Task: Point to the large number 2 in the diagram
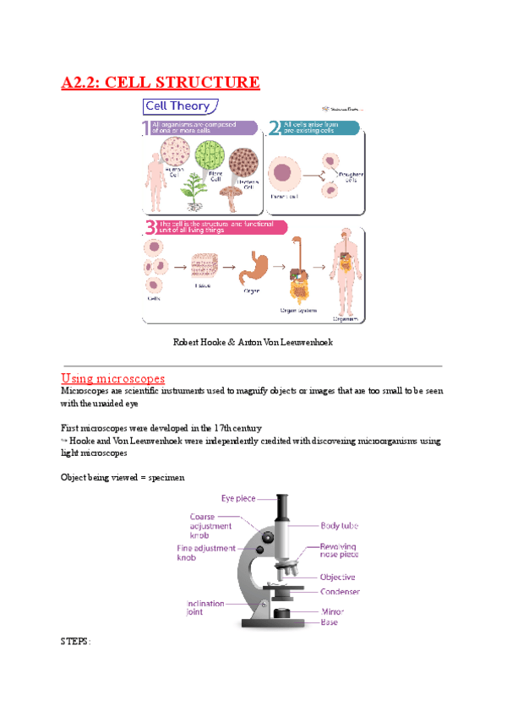click(274, 128)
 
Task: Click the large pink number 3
click(150, 226)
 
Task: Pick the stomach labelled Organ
click(251, 268)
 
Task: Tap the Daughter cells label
click(350, 176)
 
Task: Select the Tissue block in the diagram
click(204, 268)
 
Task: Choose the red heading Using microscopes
click(113, 377)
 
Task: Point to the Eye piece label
click(238, 498)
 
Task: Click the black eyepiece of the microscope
click(282, 507)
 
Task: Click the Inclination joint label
click(206, 608)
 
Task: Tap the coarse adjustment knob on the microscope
click(267, 537)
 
